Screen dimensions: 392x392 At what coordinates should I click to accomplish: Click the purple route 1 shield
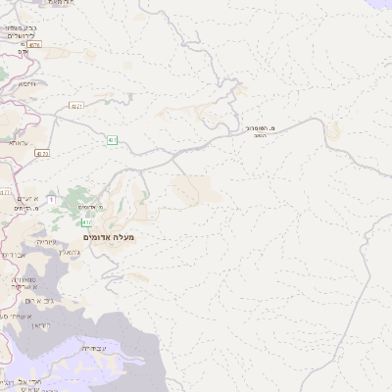pyautogui.click(x=50, y=200)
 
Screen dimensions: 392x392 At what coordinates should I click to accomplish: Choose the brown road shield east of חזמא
pyautogui.click(x=75, y=105)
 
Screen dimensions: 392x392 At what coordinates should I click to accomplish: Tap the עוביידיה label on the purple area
pyautogui.click(x=95, y=348)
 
